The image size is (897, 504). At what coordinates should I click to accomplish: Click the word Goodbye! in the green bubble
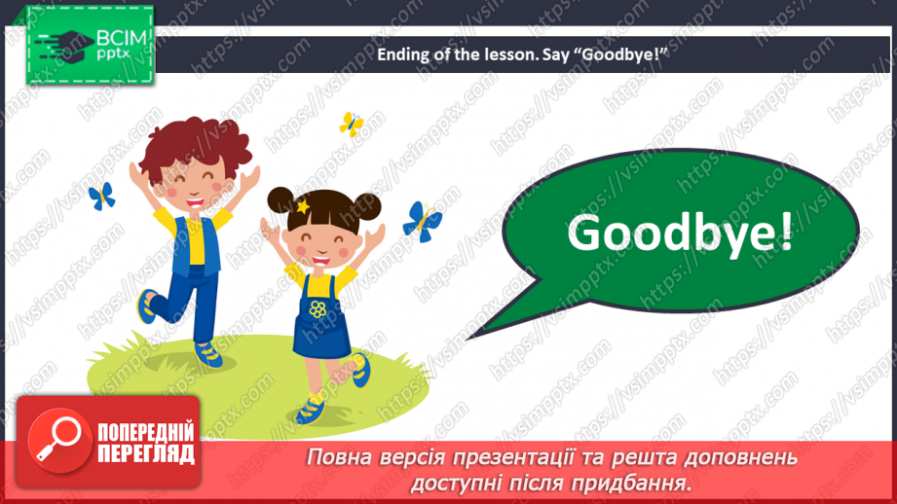point(680,234)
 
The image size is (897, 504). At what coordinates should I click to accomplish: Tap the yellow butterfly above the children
point(352,124)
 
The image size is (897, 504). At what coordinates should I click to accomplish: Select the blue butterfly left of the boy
point(102,196)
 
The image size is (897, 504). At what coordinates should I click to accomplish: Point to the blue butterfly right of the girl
point(422,222)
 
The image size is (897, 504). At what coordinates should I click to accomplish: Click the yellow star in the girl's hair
point(302,206)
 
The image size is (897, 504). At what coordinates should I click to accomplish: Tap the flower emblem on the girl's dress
point(318,309)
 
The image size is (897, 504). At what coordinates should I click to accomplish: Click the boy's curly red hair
point(195,148)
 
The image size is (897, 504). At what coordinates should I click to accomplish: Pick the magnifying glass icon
point(57,440)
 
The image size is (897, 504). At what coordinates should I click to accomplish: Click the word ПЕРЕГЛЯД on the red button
point(146,454)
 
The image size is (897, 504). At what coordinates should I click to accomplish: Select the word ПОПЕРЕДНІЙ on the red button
point(146,433)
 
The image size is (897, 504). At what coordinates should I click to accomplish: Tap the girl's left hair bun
point(280,201)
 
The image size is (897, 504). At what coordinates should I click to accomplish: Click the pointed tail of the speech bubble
point(469,339)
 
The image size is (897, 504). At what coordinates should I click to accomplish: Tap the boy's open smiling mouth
point(194,202)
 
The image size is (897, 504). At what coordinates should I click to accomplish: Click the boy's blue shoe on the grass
point(208,354)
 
